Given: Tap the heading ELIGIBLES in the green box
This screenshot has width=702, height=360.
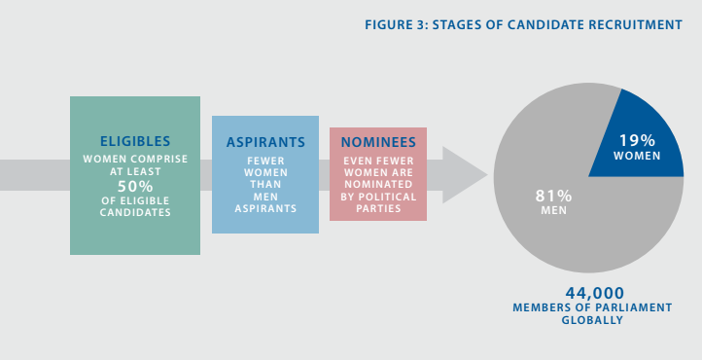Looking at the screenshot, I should tap(135, 141).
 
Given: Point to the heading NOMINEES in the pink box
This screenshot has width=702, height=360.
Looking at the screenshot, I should tap(378, 141).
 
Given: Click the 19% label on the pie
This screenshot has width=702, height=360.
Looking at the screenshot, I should tap(638, 140).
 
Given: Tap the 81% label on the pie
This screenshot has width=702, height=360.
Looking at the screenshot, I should tap(553, 196).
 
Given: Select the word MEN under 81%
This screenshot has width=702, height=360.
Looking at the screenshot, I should tap(553, 211).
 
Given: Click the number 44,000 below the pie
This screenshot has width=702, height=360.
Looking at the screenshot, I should tap(594, 292).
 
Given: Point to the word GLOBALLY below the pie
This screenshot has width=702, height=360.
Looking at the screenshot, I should tap(594, 320).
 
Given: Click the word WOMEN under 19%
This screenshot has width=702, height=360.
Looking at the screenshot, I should tap(638, 156).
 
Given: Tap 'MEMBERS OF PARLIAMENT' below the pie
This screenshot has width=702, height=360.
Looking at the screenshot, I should tap(594, 307).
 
